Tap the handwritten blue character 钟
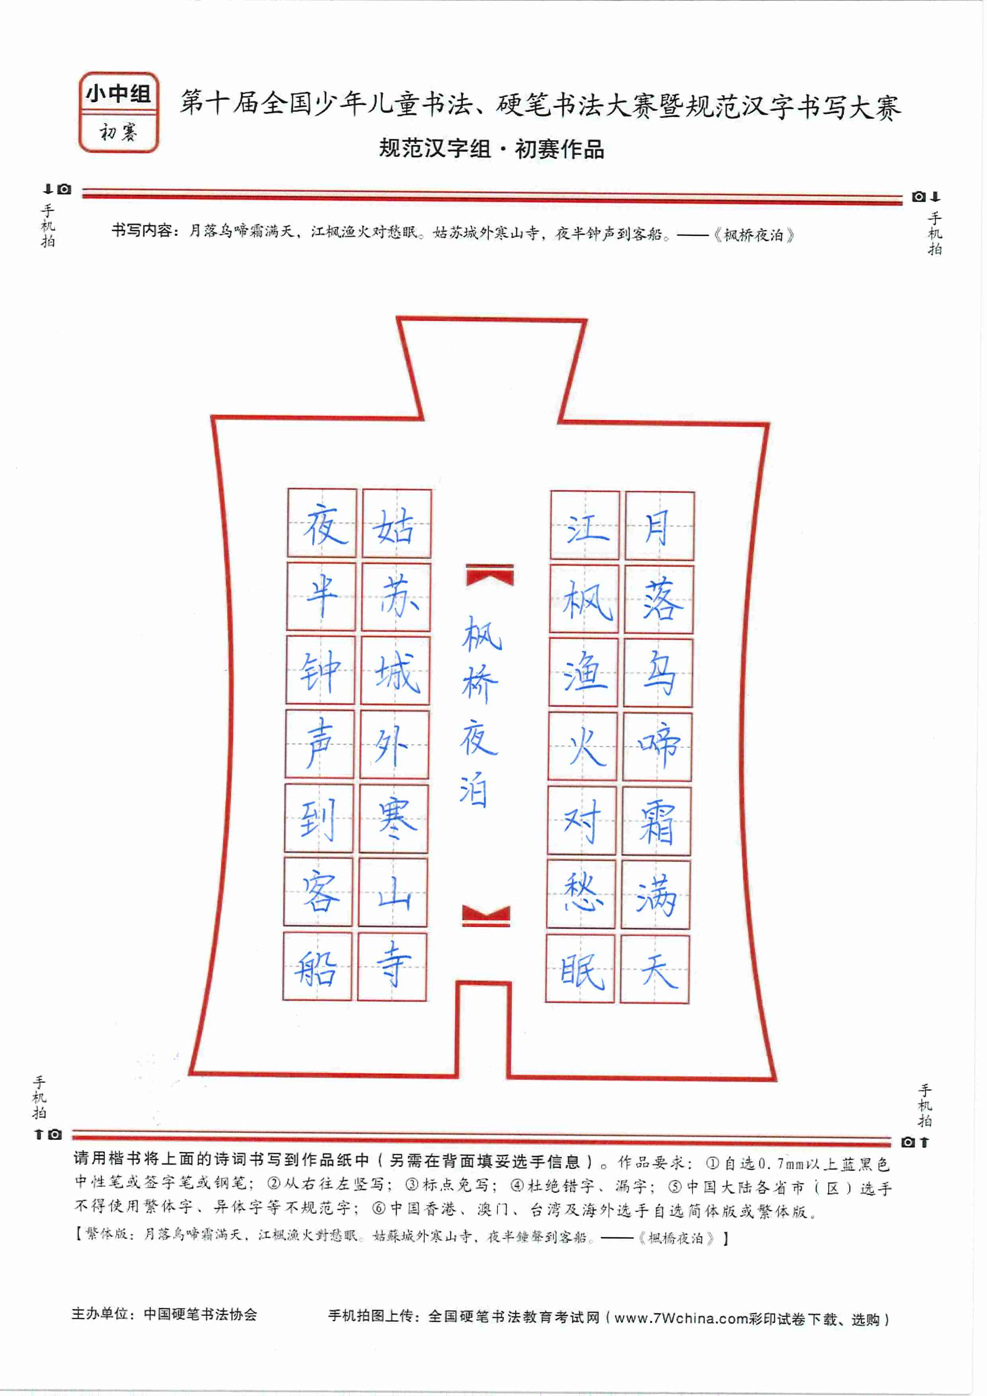click(x=320, y=673)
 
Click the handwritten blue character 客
click(x=319, y=891)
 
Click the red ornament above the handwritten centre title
click(x=490, y=575)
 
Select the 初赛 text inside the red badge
click(x=119, y=131)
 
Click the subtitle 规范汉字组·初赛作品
click(x=492, y=148)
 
